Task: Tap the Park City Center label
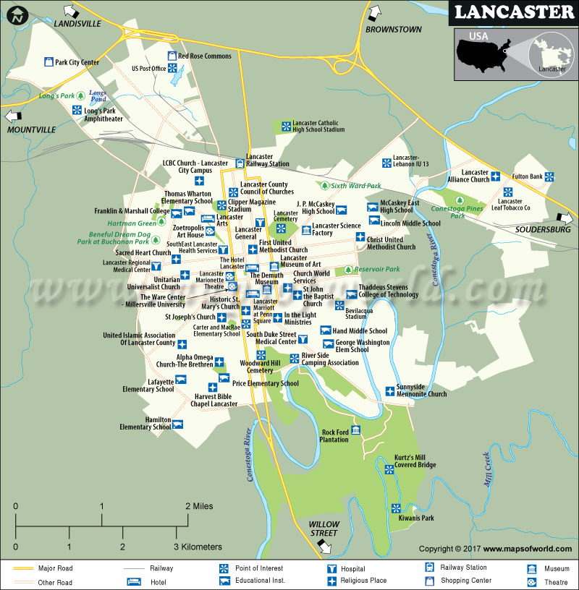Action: click(77, 62)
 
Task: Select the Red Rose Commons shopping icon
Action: click(172, 56)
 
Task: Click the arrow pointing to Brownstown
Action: click(373, 13)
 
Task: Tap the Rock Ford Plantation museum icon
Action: click(355, 431)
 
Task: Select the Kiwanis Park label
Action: click(416, 518)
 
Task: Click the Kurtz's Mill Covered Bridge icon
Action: click(389, 469)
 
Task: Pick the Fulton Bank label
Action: click(527, 176)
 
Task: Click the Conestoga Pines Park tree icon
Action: click(459, 200)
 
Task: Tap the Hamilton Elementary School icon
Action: click(178, 424)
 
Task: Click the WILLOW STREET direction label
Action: click(324, 529)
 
